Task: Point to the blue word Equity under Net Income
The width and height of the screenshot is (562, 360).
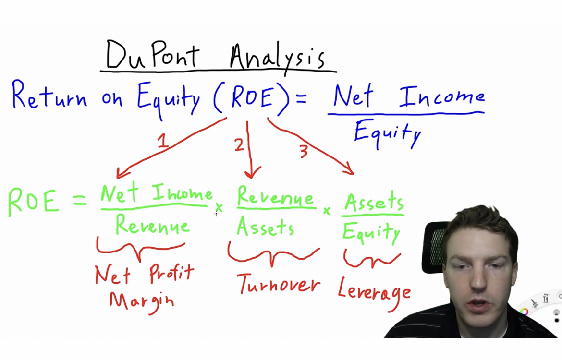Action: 387,132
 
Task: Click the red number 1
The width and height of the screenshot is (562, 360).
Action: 163,142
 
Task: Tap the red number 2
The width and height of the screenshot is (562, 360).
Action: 239,144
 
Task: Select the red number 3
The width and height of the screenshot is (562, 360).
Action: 303,152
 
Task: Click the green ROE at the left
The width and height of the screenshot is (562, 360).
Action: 33,202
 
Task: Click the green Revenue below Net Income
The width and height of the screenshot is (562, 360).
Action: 152,225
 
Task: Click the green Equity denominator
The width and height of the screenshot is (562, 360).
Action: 371,233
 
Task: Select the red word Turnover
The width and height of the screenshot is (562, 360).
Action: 279,285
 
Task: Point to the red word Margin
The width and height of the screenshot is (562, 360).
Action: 141,301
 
